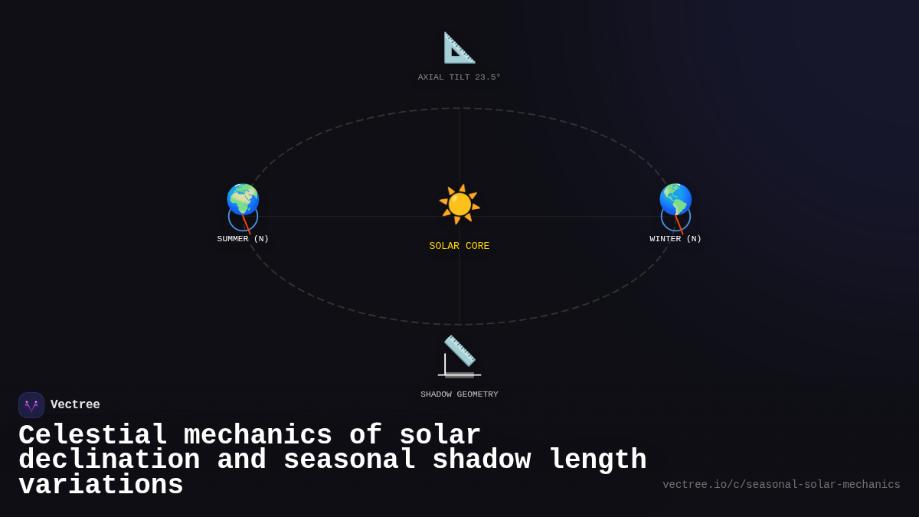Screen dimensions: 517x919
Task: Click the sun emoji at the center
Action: [x=459, y=204]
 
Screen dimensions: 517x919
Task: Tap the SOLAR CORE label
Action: [x=459, y=246]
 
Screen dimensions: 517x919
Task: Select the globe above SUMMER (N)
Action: [x=243, y=199]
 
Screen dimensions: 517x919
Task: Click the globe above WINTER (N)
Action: [x=675, y=199]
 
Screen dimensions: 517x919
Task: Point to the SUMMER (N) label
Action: [x=243, y=239]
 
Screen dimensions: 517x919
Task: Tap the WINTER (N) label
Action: [x=675, y=239]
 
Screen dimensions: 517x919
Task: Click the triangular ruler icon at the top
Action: [x=459, y=47]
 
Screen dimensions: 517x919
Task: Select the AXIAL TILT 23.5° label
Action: [x=459, y=77]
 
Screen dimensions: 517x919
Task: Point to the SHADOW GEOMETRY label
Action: [x=459, y=394]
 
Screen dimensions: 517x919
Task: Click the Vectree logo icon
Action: [x=31, y=405]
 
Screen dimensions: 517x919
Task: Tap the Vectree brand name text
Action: [x=75, y=405]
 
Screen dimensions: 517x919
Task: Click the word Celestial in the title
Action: [x=93, y=435]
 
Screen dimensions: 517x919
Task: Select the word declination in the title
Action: [x=109, y=460]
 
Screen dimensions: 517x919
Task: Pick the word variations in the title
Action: [x=100, y=486]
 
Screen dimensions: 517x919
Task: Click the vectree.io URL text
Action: [x=781, y=485]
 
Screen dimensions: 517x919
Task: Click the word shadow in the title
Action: [x=481, y=460]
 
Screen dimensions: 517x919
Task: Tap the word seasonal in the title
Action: [x=349, y=460]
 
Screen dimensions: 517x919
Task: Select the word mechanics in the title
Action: [x=257, y=435]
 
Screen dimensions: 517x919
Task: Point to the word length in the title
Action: [x=597, y=460]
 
